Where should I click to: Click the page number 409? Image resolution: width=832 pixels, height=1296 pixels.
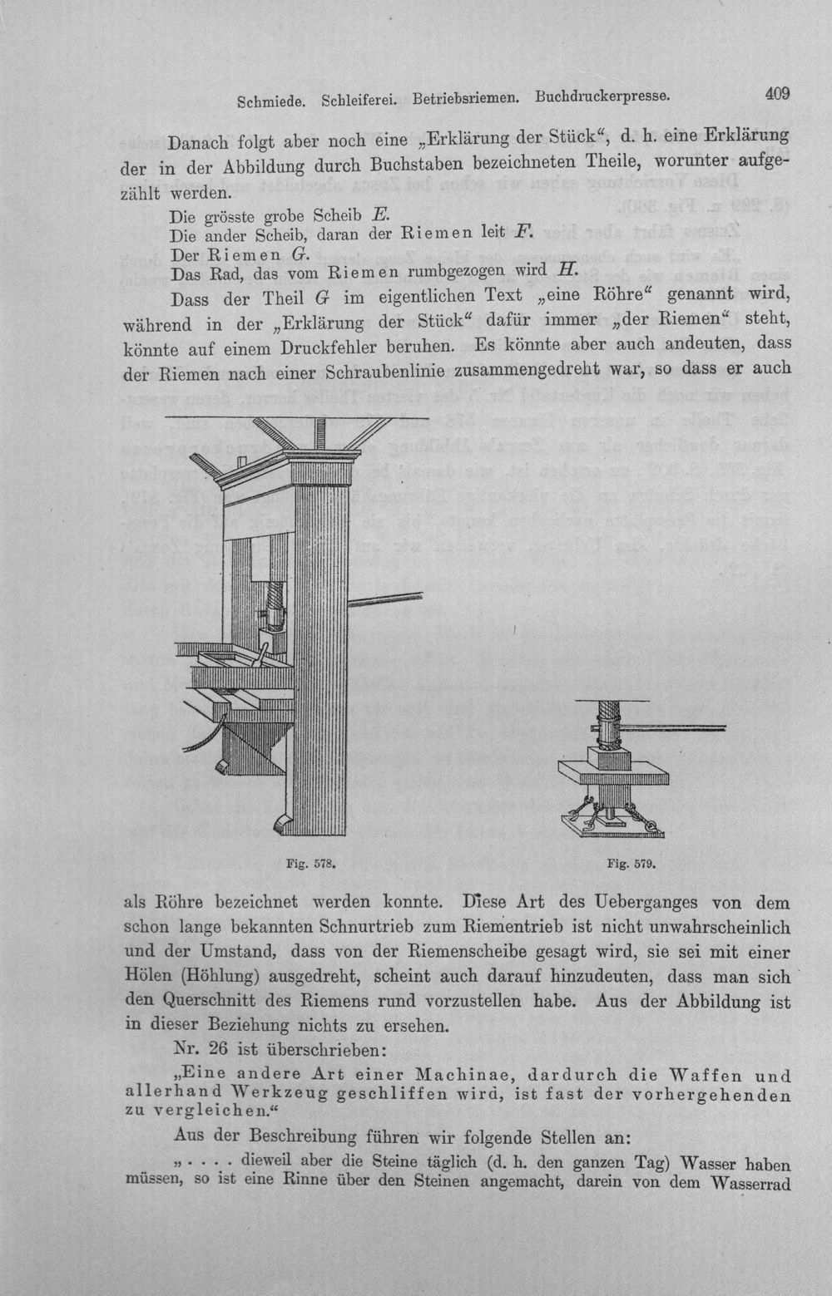pos(777,93)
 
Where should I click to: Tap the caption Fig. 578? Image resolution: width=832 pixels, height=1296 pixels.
pos(311,864)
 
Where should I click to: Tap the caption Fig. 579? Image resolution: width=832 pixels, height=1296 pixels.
pos(631,865)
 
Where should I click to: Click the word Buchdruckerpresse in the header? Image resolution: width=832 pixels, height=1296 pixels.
pos(602,96)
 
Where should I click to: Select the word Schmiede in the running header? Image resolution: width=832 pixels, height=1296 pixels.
pos(271,101)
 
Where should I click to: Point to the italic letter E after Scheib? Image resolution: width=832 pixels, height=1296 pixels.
pos(380,214)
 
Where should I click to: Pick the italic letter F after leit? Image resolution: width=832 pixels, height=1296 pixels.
pos(522,232)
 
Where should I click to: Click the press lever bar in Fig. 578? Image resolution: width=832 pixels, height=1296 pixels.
pos(385,599)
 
